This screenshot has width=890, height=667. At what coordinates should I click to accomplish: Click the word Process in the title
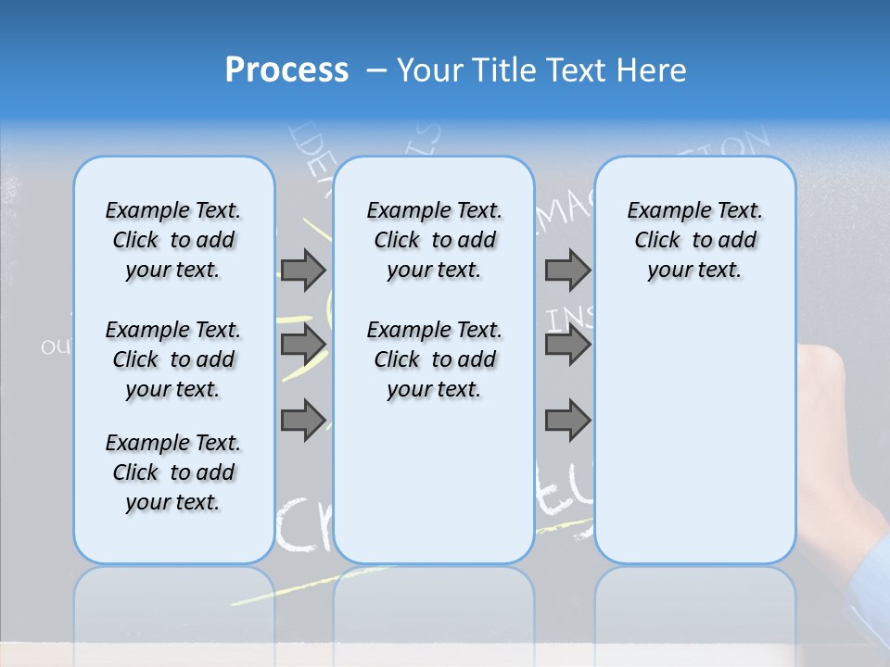click(x=286, y=69)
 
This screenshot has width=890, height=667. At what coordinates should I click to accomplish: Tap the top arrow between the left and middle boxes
click(x=303, y=270)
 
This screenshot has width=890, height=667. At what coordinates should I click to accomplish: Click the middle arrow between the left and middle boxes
click(x=303, y=345)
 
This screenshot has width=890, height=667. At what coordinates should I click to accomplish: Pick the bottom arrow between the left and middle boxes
click(x=303, y=420)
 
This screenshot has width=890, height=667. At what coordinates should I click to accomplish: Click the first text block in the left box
click(x=173, y=240)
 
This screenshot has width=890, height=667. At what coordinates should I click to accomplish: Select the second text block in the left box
click(x=173, y=359)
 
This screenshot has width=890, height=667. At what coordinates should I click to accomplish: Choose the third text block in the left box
click(x=173, y=472)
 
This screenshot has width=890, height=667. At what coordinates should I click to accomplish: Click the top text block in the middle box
click(x=435, y=240)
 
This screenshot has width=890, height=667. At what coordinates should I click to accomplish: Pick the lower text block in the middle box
click(x=435, y=359)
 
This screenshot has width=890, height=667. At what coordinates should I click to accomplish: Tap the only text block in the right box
click(x=695, y=240)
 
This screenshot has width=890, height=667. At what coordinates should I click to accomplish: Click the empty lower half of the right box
click(x=695, y=445)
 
